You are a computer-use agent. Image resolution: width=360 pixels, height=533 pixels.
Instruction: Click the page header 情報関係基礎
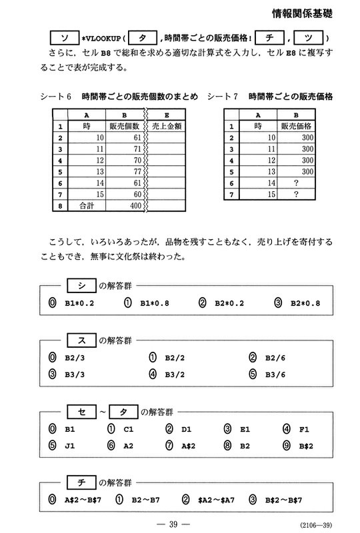tap(303, 13)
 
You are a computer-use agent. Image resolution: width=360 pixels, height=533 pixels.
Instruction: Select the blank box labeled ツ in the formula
tap(308, 38)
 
